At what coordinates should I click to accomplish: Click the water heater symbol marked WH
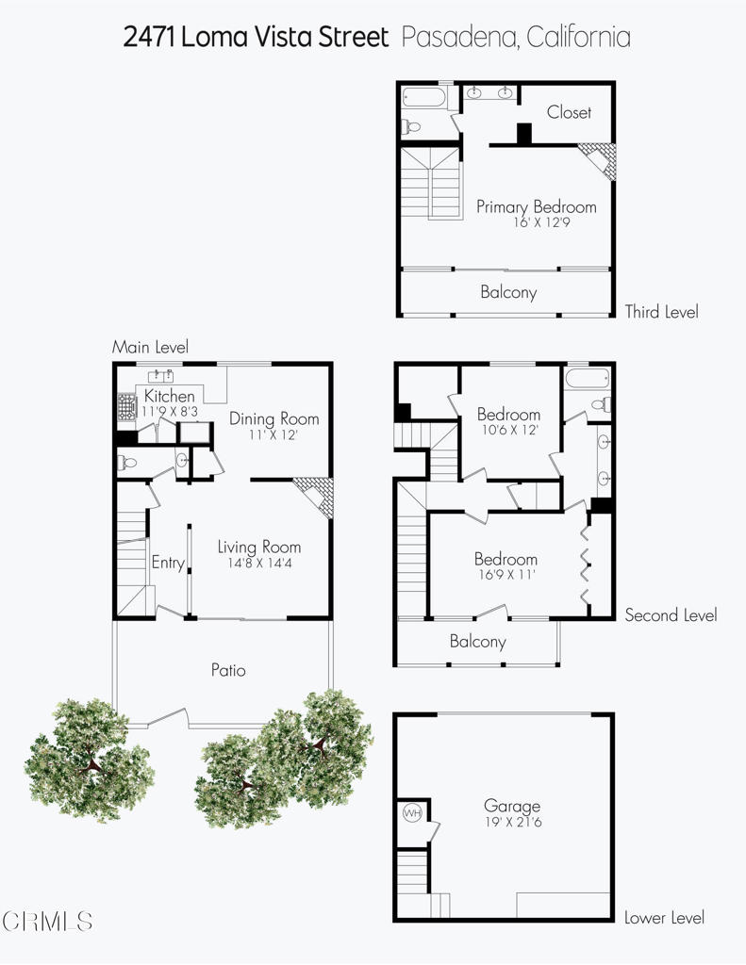click(x=412, y=812)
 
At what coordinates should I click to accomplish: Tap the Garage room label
click(x=512, y=806)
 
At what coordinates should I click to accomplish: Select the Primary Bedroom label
click(x=536, y=207)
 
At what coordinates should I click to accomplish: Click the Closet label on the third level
click(x=569, y=112)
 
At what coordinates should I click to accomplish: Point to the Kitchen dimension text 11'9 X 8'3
click(x=170, y=412)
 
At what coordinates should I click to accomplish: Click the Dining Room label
click(x=274, y=418)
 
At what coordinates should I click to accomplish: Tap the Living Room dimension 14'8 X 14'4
click(x=259, y=563)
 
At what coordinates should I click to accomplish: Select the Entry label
click(x=168, y=563)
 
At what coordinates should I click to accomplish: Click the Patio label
click(x=228, y=670)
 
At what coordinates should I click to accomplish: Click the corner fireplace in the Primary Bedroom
click(x=597, y=158)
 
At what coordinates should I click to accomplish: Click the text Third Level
click(x=661, y=312)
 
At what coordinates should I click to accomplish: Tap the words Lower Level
click(x=664, y=917)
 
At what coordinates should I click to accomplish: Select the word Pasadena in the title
click(x=459, y=38)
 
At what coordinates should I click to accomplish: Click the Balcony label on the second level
click(x=477, y=642)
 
